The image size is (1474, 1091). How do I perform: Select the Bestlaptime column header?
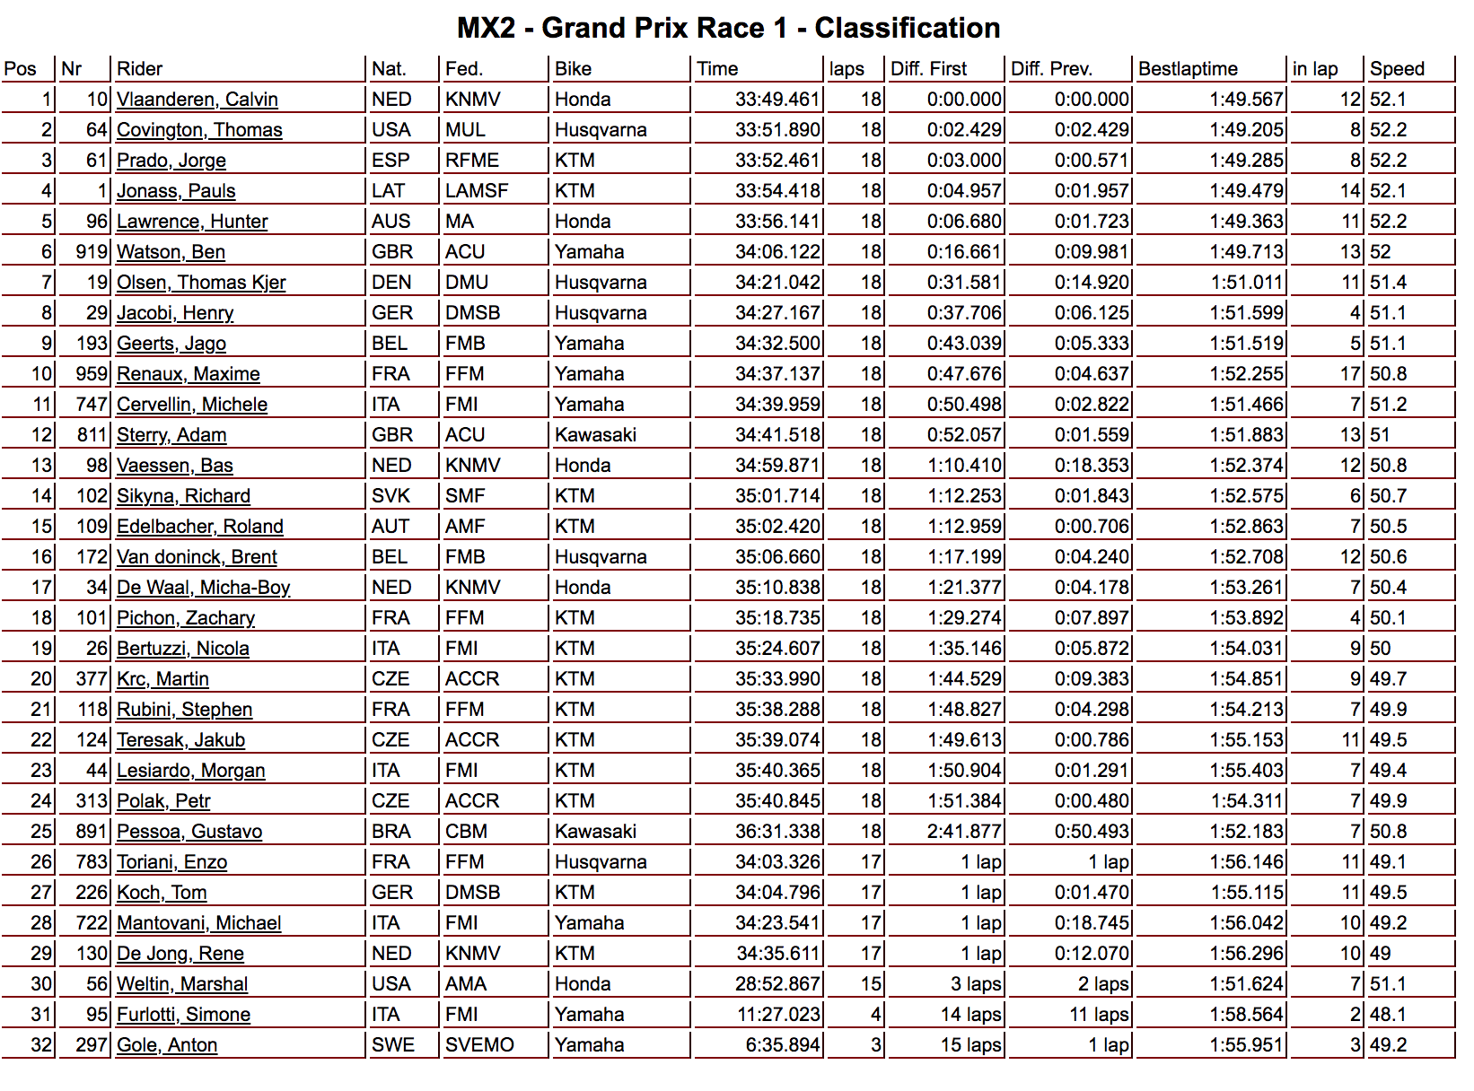tap(1188, 69)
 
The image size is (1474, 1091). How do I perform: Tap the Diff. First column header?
tap(928, 69)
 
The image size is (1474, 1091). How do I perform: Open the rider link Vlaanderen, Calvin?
tap(197, 100)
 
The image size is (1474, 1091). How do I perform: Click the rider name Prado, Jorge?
tap(171, 161)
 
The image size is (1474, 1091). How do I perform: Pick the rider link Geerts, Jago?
tap(171, 344)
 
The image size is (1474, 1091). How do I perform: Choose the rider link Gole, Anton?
tap(166, 1045)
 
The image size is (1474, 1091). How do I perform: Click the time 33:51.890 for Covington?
tap(777, 130)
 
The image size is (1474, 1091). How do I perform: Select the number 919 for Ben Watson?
tap(92, 252)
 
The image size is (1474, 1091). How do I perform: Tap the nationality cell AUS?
tap(390, 222)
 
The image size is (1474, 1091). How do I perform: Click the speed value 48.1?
tap(1388, 1015)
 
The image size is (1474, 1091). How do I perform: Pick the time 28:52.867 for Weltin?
tap(777, 984)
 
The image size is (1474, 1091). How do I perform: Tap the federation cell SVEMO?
tap(479, 1045)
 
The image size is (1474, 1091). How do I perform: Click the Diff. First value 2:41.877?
tap(963, 832)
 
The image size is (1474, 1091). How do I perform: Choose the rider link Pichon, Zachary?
tap(185, 618)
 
